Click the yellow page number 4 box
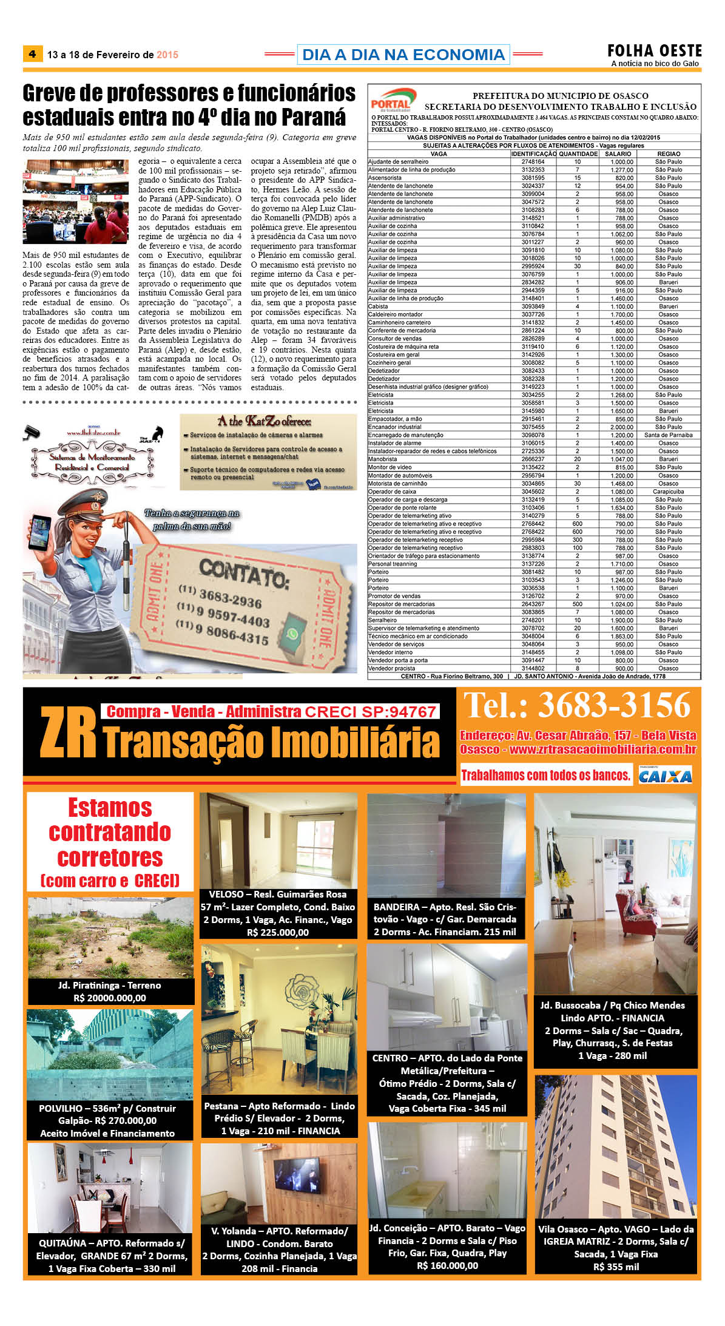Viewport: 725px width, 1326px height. click(32, 54)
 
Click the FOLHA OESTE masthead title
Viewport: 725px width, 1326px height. click(655, 51)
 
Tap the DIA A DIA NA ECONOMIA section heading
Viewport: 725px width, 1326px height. click(403, 55)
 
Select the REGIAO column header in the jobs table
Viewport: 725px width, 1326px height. click(669, 154)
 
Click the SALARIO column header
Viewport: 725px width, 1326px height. click(618, 154)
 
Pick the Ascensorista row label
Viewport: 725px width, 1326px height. click(385, 178)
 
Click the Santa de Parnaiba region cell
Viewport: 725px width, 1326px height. click(668, 435)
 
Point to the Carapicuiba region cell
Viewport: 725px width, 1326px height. click(668, 492)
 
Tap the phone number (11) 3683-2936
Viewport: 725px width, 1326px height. click(220, 596)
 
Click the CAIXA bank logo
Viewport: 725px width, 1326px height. click(665, 776)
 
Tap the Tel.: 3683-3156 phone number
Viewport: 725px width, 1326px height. click(577, 706)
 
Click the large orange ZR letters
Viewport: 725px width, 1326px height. click(68, 734)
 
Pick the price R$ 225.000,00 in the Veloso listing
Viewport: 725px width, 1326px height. click(278, 932)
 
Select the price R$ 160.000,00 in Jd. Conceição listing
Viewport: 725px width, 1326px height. click(447, 1265)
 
